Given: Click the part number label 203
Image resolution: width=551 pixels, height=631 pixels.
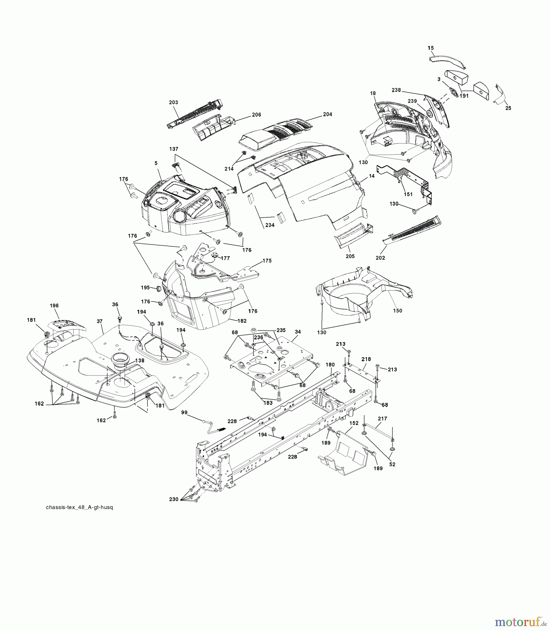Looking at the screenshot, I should pyautogui.click(x=173, y=102).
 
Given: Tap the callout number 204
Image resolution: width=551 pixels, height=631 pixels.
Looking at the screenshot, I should pyautogui.click(x=328, y=114).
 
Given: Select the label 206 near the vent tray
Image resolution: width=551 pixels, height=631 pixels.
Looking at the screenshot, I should pyautogui.click(x=256, y=115).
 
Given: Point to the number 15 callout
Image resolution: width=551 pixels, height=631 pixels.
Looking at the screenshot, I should pyautogui.click(x=431, y=48).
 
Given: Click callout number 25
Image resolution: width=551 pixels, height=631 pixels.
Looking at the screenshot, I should pyautogui.click(x=508, y=108).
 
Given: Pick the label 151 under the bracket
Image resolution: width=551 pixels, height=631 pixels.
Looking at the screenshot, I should pyautogui.click(x=408, y=194).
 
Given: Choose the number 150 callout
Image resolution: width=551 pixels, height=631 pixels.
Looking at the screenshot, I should pyautogui.click(x=397, y=311).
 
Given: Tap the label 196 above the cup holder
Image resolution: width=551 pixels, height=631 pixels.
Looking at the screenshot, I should pyautogui.click(x=54, y=306).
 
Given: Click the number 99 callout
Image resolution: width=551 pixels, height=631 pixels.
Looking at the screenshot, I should pyautogui.click(x=184, y=413).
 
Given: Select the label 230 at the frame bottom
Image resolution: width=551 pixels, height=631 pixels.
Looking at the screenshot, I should pyautogui.click(x=174, y=499).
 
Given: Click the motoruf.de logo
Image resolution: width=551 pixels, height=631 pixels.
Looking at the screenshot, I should pyautogui.click(x=520, y=622).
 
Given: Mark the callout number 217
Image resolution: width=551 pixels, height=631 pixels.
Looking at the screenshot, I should pyautogui.click(x=382, y=419).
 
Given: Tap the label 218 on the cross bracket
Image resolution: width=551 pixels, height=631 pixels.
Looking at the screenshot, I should pyautogui.click(x=366, y=359).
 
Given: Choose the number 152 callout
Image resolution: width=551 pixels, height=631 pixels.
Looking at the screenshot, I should pyautogui.click(x=354, y=423).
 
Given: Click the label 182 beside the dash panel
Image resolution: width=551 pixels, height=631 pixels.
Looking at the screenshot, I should pyautogui.click(x=242, y=321).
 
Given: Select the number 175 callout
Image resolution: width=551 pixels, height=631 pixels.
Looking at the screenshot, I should pyautogui.click(x=267, y=261).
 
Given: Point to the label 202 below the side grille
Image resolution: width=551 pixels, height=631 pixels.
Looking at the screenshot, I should pyautogui.click(x=380, y=258).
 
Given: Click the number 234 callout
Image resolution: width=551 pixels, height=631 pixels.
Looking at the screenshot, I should pyautogui.click(x=270, y=225).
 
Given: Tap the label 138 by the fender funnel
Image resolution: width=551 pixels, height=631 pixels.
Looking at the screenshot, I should pyautogui.click(x=140, y=360).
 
